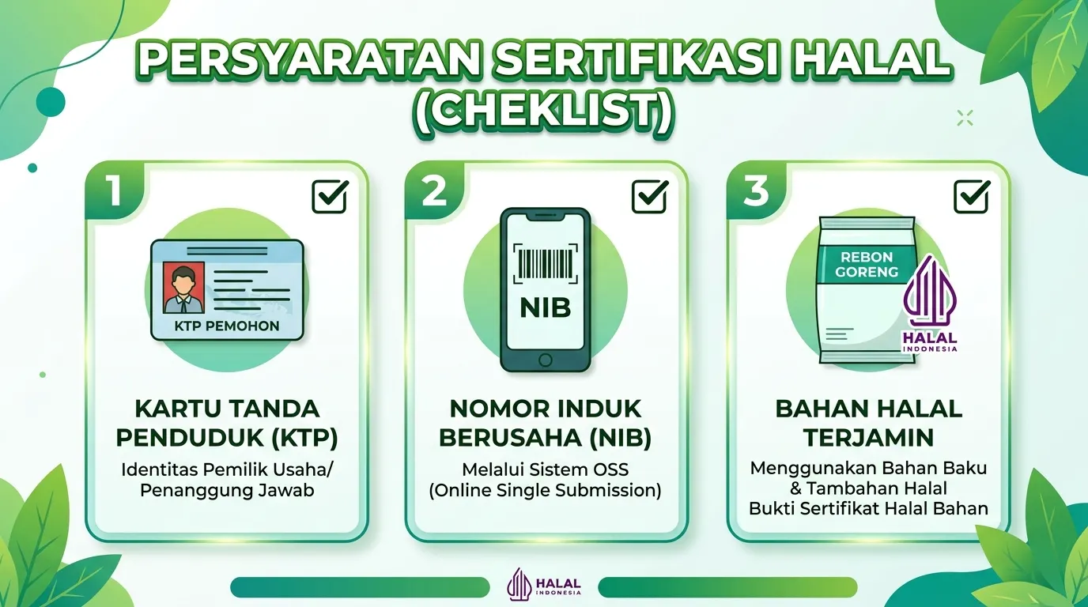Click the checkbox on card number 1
(x=330, y=197)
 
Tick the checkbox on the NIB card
(x=650, y=197)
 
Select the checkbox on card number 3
(x=972, y=197)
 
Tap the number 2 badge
(x=435, y=190)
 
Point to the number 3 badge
(x=757, y=190)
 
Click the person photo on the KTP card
(x=183, y=288)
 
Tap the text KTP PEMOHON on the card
(x=227, y=326)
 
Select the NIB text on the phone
(x=546, y=307)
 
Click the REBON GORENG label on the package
(x=867, y=264)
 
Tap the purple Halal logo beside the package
(x=930, y=303)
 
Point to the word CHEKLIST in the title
(x=544, y=111)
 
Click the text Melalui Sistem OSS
(x=545, y=469)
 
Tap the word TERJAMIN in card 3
(x=869, y=438)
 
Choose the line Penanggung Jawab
(x=227, y=491)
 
